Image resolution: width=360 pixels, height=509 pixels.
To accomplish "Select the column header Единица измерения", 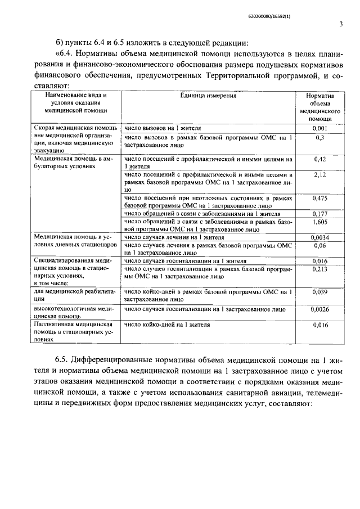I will [x=208, y=96].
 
